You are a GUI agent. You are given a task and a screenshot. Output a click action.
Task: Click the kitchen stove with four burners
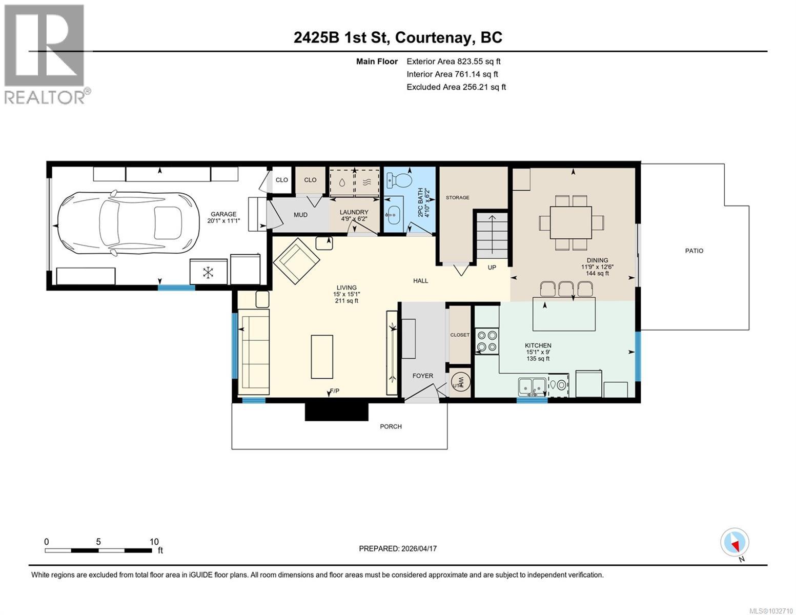[x=486, y=341]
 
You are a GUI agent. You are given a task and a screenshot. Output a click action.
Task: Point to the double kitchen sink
[x=532, y=386]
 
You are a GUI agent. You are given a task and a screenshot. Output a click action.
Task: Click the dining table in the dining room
[x=571, y=222]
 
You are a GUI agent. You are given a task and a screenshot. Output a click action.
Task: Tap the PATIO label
[x=694, y=251]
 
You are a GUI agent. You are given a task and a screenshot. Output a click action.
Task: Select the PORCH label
[x=391, y=426]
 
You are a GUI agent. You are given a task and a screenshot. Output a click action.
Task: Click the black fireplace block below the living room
[x=336, y=411]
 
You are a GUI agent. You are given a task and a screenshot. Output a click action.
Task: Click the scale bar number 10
[x=154, y=541]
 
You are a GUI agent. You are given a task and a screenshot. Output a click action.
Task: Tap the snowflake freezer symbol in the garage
[x=209, y=272]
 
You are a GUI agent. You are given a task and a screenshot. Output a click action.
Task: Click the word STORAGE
[x=457, y=197]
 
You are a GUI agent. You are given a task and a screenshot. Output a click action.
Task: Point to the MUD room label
[x=300, y=215]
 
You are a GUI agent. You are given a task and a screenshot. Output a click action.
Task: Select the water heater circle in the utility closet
[x=460, y=382]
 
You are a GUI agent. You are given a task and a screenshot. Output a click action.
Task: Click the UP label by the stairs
[x=492, y=268]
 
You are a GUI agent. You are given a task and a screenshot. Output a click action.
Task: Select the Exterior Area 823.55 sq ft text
[x=453, y=61]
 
